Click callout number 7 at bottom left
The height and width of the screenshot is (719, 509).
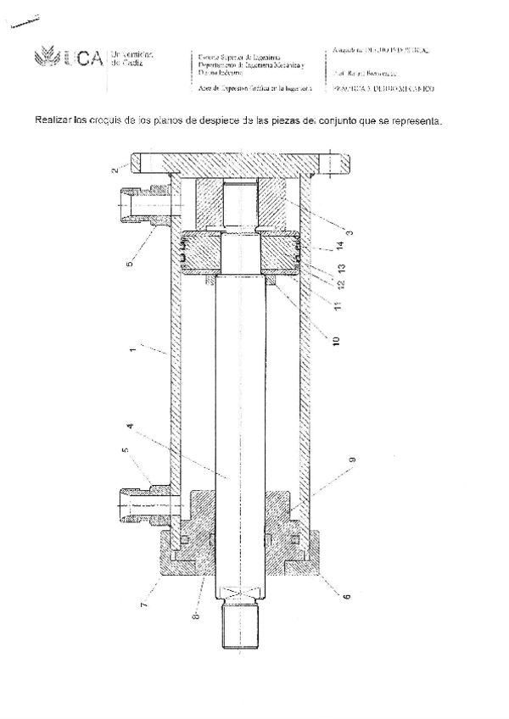144,605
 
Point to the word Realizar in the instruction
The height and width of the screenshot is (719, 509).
53,120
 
